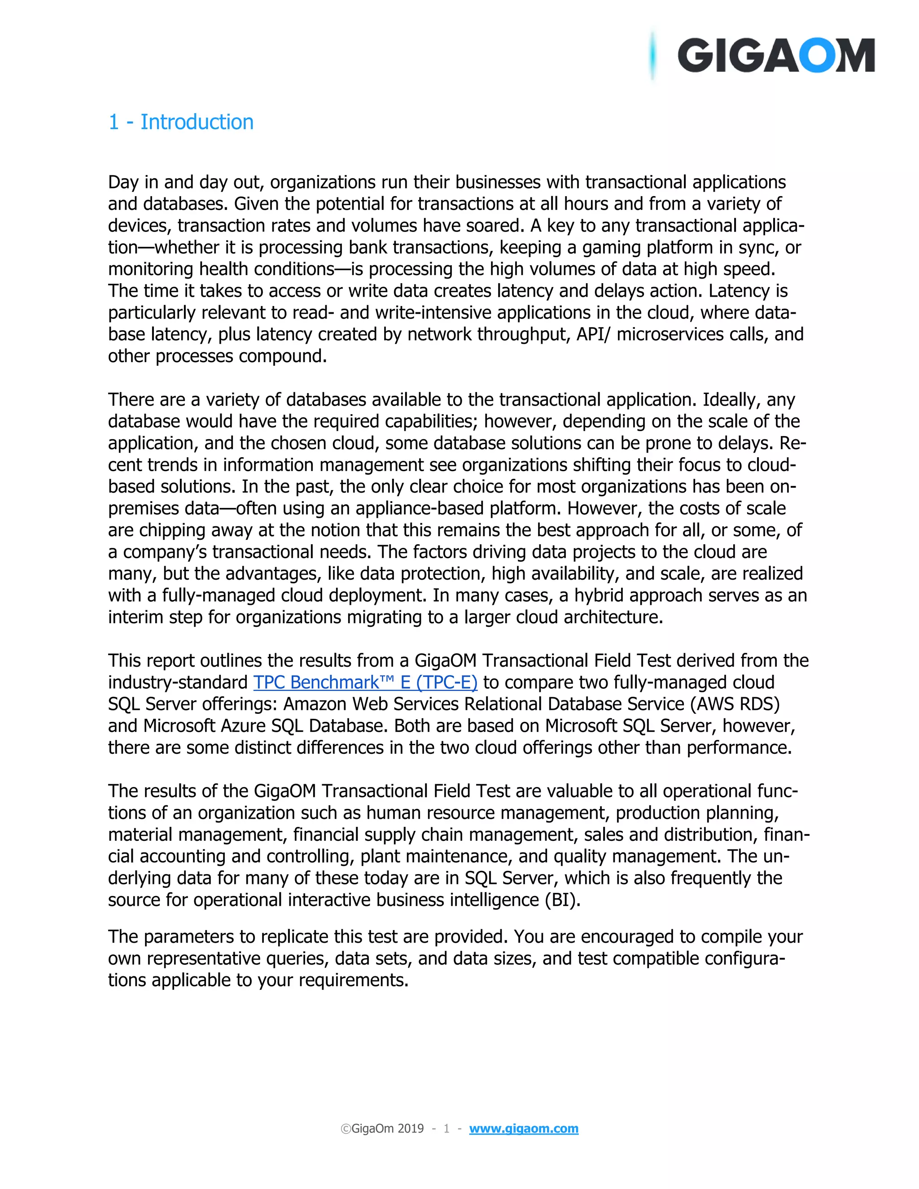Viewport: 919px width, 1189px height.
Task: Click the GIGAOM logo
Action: click(x=775, y=56)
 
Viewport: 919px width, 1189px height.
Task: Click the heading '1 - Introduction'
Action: click(x=181, y=122)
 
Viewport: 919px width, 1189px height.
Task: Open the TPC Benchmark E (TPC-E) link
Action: click(x=365, y=682)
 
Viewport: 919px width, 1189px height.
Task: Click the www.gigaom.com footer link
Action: click(x=524, y=1128)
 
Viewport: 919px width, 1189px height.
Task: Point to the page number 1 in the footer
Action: click(x=446, y=1128)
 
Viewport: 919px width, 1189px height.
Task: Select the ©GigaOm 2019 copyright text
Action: click(x=382, y=1128)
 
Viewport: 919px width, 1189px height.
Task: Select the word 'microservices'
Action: click(x=671, y=334)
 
